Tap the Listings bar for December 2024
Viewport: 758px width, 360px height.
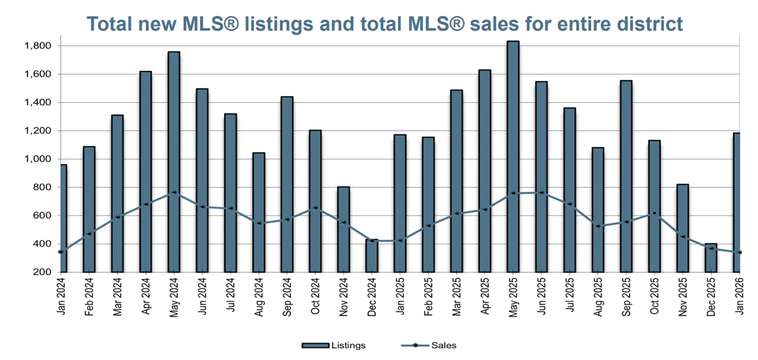(x=373, y=256)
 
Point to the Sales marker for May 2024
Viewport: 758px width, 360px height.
(x=174, y=193)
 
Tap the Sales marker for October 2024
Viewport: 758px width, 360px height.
(x=315, y=208)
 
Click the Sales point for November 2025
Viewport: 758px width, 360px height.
(x=683, y=237)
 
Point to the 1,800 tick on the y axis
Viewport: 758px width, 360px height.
(x=39, y=45)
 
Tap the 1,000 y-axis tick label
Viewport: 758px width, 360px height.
(x=39, y=159)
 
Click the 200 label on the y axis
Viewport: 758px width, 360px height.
(x=43, y=272)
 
